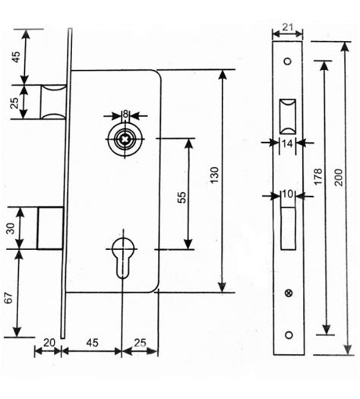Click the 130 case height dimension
click(x=215, y=175)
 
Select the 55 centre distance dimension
click(x=182, y=198)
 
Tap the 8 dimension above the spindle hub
click(x=125, y=114)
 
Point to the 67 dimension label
click(x=9, y=298)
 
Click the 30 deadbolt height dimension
click(x=11, y=228)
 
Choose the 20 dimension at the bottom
click(x=49, y=343)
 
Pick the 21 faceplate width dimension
click(x=288, y=27)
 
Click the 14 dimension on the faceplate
click(x=288, y=144)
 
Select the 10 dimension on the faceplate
click(x=288, y=194)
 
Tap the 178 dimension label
click(x=317, y=176)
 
